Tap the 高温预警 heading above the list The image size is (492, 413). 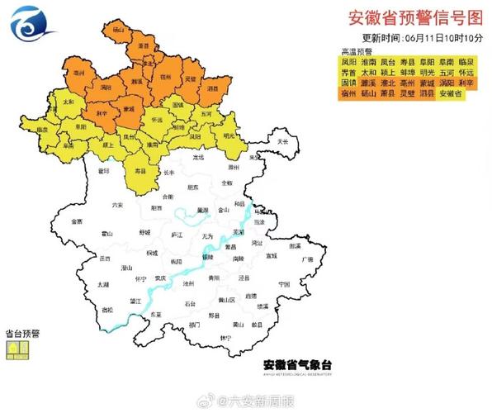pyautogui.click(x=334, y=50)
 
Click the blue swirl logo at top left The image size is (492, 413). pyautogui.click(x=35, y=23)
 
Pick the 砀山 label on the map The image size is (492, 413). pyautogui.click(x=118, y=30)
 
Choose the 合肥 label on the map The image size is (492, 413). pyautogui.click(x=168, y=197)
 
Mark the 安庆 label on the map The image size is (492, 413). pyautogui.click(x=160, y=278)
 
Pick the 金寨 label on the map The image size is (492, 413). pyautogui.click(x=77, y=221)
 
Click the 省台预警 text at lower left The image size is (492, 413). pyautogui.click(x=23, y=335)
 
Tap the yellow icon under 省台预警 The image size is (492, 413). pyautogui.click(x=17, y=350)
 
